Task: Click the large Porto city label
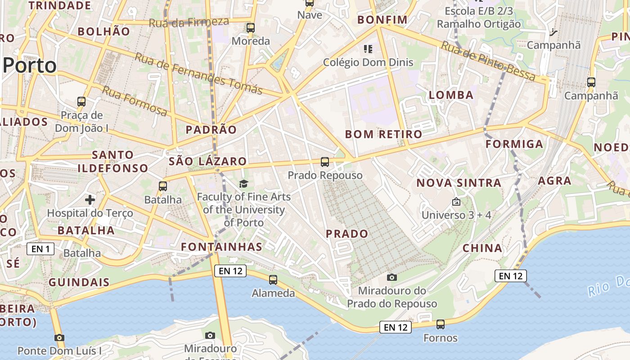pos(30,66)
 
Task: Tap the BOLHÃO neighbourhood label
pos(104,31)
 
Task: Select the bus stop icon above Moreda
pos(251,28)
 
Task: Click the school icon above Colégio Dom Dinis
pos(368,49)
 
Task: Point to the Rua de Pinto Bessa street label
pos(488,61)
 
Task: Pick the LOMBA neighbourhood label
pos(451,95)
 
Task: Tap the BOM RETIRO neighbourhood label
pos(383,134)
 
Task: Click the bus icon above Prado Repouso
pos(325,162)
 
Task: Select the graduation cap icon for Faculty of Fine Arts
pos(243,184)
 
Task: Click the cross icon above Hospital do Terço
pos(90,199)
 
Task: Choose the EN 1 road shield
pos(40,249)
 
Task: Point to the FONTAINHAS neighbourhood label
pos(221,247)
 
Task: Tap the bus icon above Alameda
pos(273,280)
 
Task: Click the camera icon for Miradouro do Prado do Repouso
pos(392,277)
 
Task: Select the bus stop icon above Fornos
pos(441,324)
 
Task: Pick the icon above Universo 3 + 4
pos(456,202)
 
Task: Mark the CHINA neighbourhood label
pos(482,248)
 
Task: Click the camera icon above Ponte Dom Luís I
pos(59,337)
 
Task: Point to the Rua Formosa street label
pos(135,101)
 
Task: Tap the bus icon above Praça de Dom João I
pos(81,102)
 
